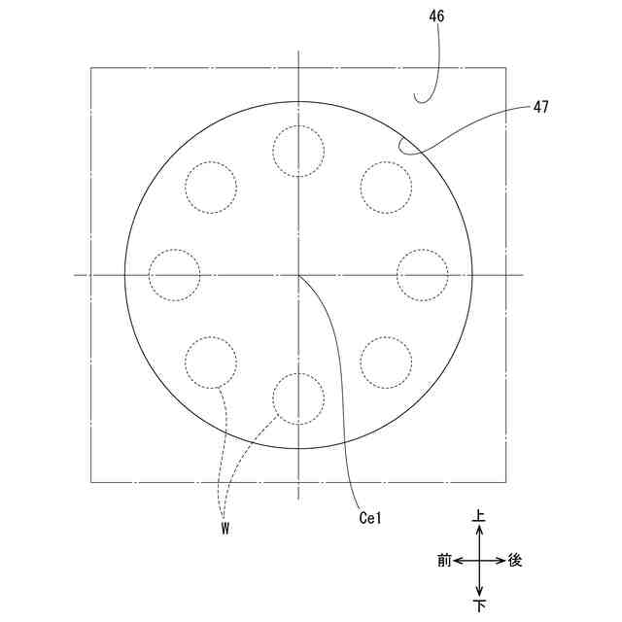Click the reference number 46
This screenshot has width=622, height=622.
[x=436, y=16]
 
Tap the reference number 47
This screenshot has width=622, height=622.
[x=540, y=107]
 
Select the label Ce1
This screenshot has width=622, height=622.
[x=370, y=518]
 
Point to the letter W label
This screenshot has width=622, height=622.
[x=225, y=529]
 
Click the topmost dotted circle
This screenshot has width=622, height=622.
[x=298, y=125]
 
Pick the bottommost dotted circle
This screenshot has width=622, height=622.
[x=298, y=373]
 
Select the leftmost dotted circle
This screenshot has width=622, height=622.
[x=149, y=275]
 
